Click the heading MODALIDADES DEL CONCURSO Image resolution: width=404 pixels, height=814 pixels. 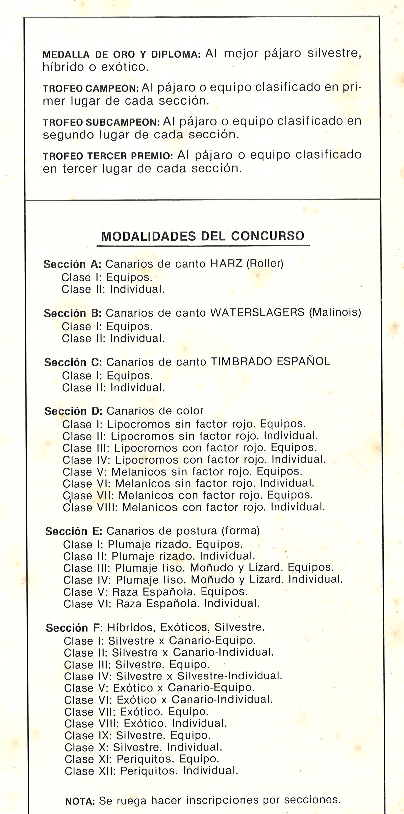click(202, 236)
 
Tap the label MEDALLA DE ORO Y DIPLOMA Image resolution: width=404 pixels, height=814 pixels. click(121, 55)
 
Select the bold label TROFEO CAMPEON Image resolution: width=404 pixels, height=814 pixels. click(91, 89)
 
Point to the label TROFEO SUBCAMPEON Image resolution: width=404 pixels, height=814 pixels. click(101, 122)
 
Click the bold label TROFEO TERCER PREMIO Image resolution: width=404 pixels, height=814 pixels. click(108, 156)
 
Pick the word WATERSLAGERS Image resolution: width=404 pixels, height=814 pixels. click(257, 312)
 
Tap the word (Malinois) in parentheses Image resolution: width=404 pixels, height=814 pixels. click(335, 312)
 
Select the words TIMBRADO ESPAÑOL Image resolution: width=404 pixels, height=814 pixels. click(270, 361)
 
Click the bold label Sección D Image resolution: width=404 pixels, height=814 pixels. click(73, 411)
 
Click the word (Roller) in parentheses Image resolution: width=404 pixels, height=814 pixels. click(265, 264)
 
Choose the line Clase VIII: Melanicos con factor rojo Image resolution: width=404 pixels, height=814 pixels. click(194, 507)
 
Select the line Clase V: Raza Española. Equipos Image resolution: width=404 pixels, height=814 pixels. click(156, 592)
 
